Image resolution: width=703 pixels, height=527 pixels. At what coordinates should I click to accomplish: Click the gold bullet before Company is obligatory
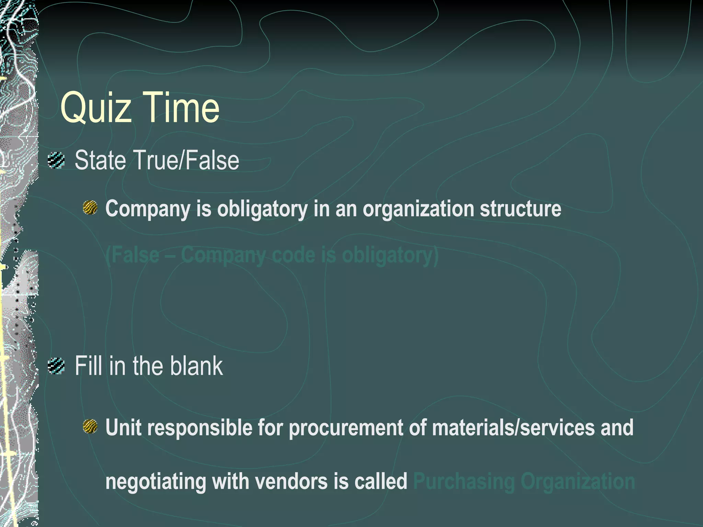pos(90,208)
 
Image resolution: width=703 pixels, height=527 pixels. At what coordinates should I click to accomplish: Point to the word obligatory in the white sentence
pos(262,209)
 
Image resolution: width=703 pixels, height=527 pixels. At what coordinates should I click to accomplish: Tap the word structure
pos(520,209)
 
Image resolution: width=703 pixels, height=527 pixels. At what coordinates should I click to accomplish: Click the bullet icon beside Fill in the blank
pos(56,366)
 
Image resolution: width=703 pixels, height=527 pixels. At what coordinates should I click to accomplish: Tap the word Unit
pos(123,428)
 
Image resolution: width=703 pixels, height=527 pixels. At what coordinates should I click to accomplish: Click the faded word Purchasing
pos(464,482)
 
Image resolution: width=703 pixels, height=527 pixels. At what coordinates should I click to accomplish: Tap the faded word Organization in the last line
pos(578,482)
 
